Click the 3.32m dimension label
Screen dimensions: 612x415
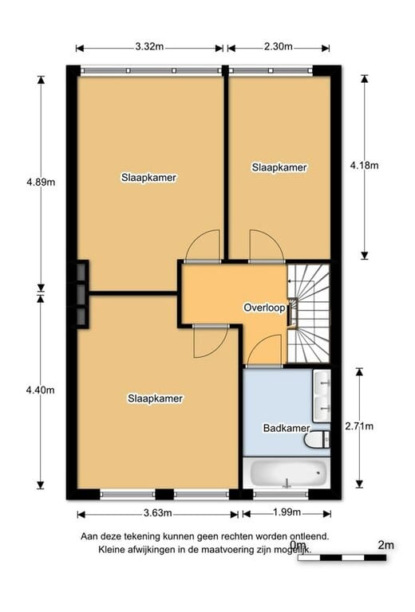pos(150,47)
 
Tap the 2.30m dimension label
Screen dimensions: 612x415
pos(278,47)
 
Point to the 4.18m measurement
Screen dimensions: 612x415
pos(364,166)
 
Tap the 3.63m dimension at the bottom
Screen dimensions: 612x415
pos(157,512)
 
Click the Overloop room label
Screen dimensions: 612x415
pos(264,307)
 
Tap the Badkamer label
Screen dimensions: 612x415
pos(287,428)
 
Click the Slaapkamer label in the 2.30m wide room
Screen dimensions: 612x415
pos(279,167)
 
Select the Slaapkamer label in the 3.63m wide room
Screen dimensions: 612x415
pos(156,398)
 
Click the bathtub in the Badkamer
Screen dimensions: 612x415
pos(288,474)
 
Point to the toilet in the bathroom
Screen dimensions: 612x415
pos(318,439)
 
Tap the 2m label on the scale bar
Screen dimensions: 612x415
pos(385,545)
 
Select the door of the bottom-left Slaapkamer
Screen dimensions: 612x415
pos(207,340)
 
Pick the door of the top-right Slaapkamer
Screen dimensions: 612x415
pos(264,245)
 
